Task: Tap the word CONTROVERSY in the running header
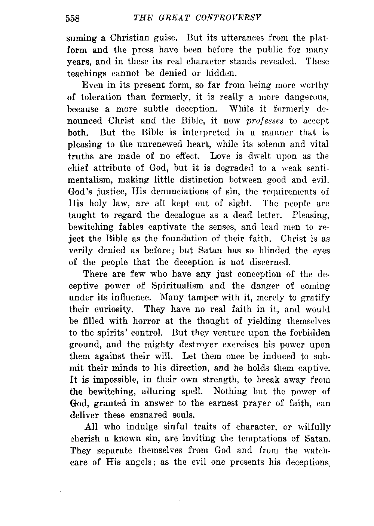pos(230,18)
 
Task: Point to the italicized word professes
pos(265,121)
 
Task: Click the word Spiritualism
pos(178,286)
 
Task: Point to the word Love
pos(222,156)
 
